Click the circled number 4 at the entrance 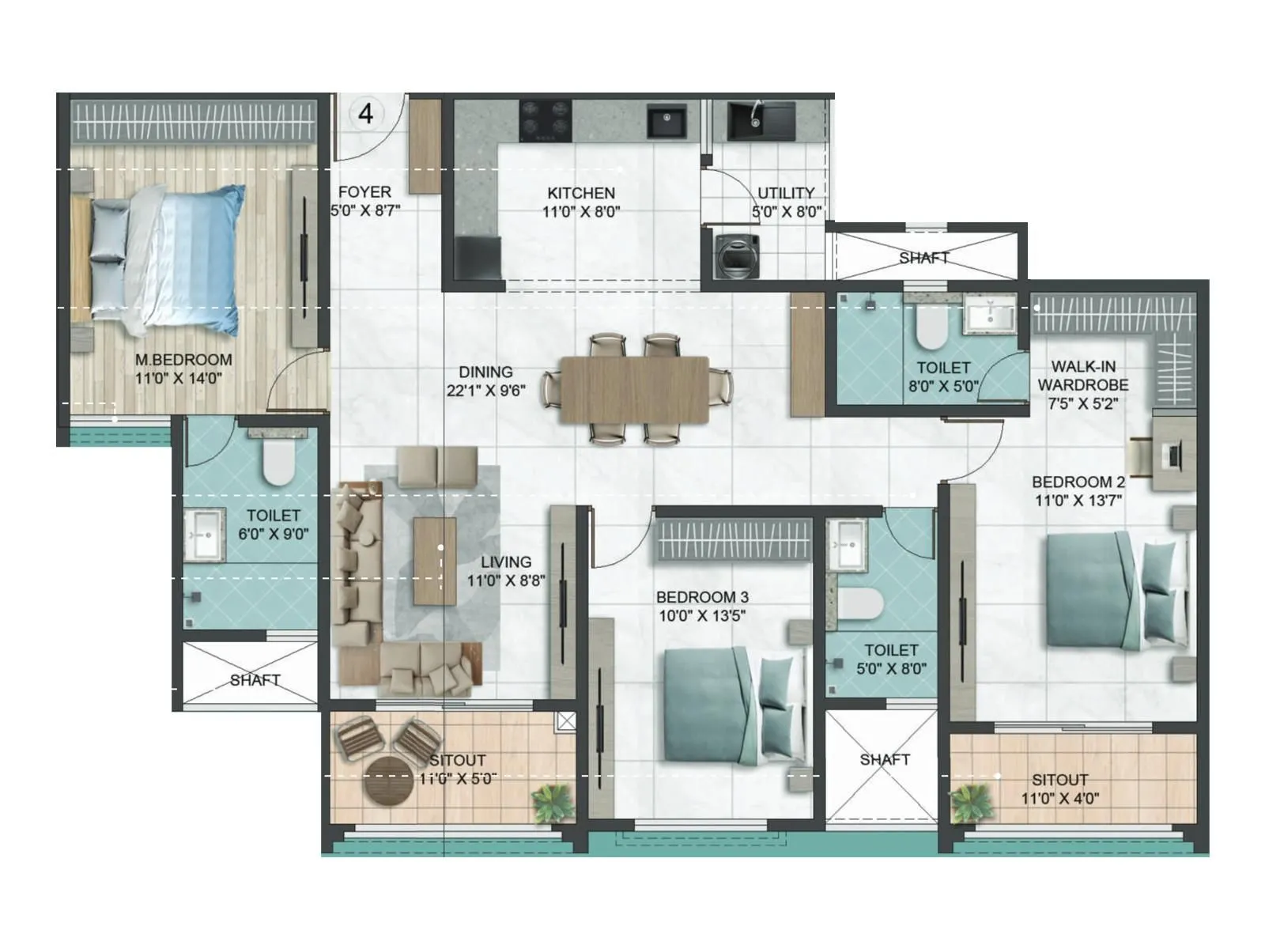pyautogui.click(x=365, y=114)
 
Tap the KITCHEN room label pyautogui.click(x=581, y=193)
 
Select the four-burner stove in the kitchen pyautogui.click(x=546, y=120)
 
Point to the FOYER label pyautogui.click(x=364, y=192)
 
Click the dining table pyautogui.click(x=635, y=389)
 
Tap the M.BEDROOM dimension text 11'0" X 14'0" pyautogui.click(x=179, y=379)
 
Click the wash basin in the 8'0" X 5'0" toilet pyautogui.click(x=989, y=315)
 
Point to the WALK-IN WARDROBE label pyautogui.click(x=1082, y=376)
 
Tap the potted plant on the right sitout pyautogui.click(x=970, y=803)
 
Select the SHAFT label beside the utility pyautogui.click(x=923, y=258)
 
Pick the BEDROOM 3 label pyautogui.click(x=702, y=597)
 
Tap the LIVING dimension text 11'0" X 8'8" pyautogui.click(x=506, y=581)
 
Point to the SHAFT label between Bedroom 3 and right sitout pyautogui.click(x=885, y=759)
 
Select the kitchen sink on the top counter pyautogui.click(x=666, y=123)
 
